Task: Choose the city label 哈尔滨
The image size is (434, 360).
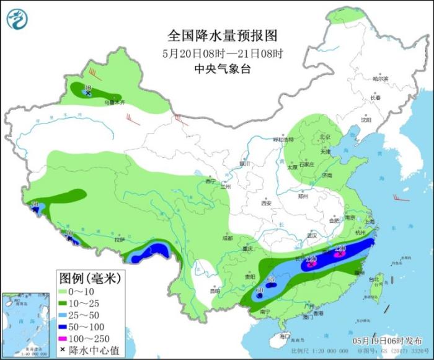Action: (379, 79)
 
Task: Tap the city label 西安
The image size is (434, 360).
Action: (267, 203)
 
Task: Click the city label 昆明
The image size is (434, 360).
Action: (214, 290)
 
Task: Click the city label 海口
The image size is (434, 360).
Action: (284, 336)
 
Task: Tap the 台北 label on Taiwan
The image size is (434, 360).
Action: (373, 279)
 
